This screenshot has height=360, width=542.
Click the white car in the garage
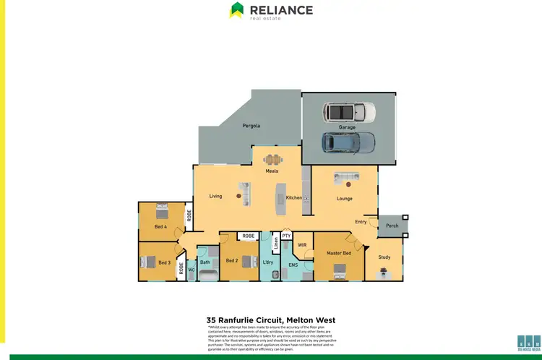click(350, 112)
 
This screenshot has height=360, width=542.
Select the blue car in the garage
click(349, 142)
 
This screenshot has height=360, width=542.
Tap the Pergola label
click(251, 126)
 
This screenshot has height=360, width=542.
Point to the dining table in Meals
click(272, 160)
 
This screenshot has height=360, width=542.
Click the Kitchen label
click(293, 197)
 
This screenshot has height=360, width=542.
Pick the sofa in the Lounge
click(345, 178)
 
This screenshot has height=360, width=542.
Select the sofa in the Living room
click(244, 194)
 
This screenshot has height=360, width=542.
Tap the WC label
click(192, 270)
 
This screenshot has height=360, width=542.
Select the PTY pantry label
click(286, 236)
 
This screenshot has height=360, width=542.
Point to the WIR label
click(303, 245)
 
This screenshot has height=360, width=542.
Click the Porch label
click(392, 226)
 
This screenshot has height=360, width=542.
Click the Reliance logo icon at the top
click(237, 10)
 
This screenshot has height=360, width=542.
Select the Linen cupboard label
click(275, 242)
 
